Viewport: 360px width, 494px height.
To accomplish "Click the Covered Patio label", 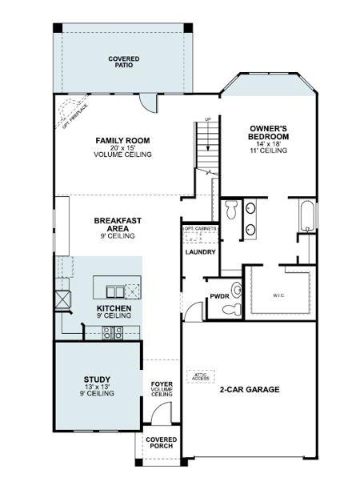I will pos(124,62).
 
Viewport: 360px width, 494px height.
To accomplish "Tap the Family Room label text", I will pos(122,141).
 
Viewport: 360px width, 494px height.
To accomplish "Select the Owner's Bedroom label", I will pos(268,133).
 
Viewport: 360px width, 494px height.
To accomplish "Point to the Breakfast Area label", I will pos(118,224).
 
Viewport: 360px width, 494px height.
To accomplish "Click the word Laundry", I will pos(200,252).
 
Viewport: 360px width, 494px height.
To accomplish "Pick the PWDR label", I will pos(219,295).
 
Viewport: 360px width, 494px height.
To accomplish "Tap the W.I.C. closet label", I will pos(278,295).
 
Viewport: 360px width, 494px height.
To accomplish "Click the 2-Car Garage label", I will pos(250,390).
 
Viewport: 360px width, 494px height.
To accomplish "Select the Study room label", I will pos(97,380).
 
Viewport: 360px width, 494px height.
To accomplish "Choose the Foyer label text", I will pos(162,384).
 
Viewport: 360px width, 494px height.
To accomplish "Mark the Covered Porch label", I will pos(161,443).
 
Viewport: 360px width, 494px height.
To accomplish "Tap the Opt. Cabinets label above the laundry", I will pos(200,228).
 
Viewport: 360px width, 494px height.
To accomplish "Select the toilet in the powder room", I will pos(234,290).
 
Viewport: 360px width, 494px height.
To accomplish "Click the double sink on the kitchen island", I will pos(117,291).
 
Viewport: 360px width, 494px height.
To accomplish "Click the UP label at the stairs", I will pos(209,119).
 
